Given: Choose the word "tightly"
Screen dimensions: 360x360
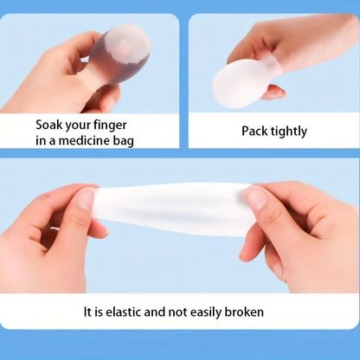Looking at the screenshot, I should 288,132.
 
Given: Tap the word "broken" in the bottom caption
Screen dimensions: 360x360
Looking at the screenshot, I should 243,312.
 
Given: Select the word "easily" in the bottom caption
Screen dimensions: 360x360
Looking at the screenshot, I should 202,312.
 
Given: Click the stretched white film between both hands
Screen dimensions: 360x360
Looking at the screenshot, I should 173,208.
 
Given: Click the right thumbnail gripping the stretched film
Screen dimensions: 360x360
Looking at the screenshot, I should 257,198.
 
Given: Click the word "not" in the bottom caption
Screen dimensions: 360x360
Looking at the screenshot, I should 171,312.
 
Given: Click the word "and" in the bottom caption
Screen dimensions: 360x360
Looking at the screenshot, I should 153,312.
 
